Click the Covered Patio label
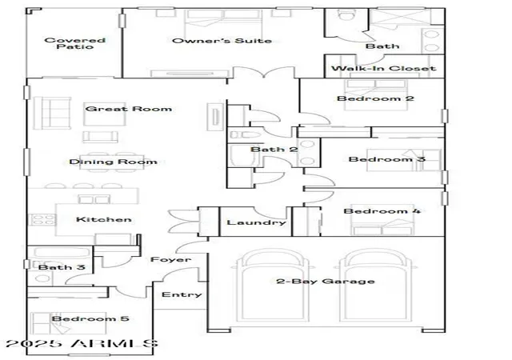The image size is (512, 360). pos(74,43)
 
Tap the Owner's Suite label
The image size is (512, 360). pos(222,41)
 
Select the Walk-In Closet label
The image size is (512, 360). pos(384,68)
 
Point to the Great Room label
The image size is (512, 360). pos(128,109)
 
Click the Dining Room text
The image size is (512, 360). pos(113,162)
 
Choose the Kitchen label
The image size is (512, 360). pos(104,219)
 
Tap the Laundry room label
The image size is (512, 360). pos(256,222)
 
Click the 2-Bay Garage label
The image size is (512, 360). pos(326,282)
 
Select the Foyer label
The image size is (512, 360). pos(170,260)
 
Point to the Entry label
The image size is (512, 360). pos(182,294)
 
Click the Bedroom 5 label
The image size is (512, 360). pos(90,318)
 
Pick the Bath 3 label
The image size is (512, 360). pos(62,267)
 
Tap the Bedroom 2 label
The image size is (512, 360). pos(375,98)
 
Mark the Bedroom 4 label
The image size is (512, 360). pos(382,211)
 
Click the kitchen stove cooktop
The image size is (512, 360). pos(42,219)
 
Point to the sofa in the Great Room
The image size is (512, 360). pos(52,113)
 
